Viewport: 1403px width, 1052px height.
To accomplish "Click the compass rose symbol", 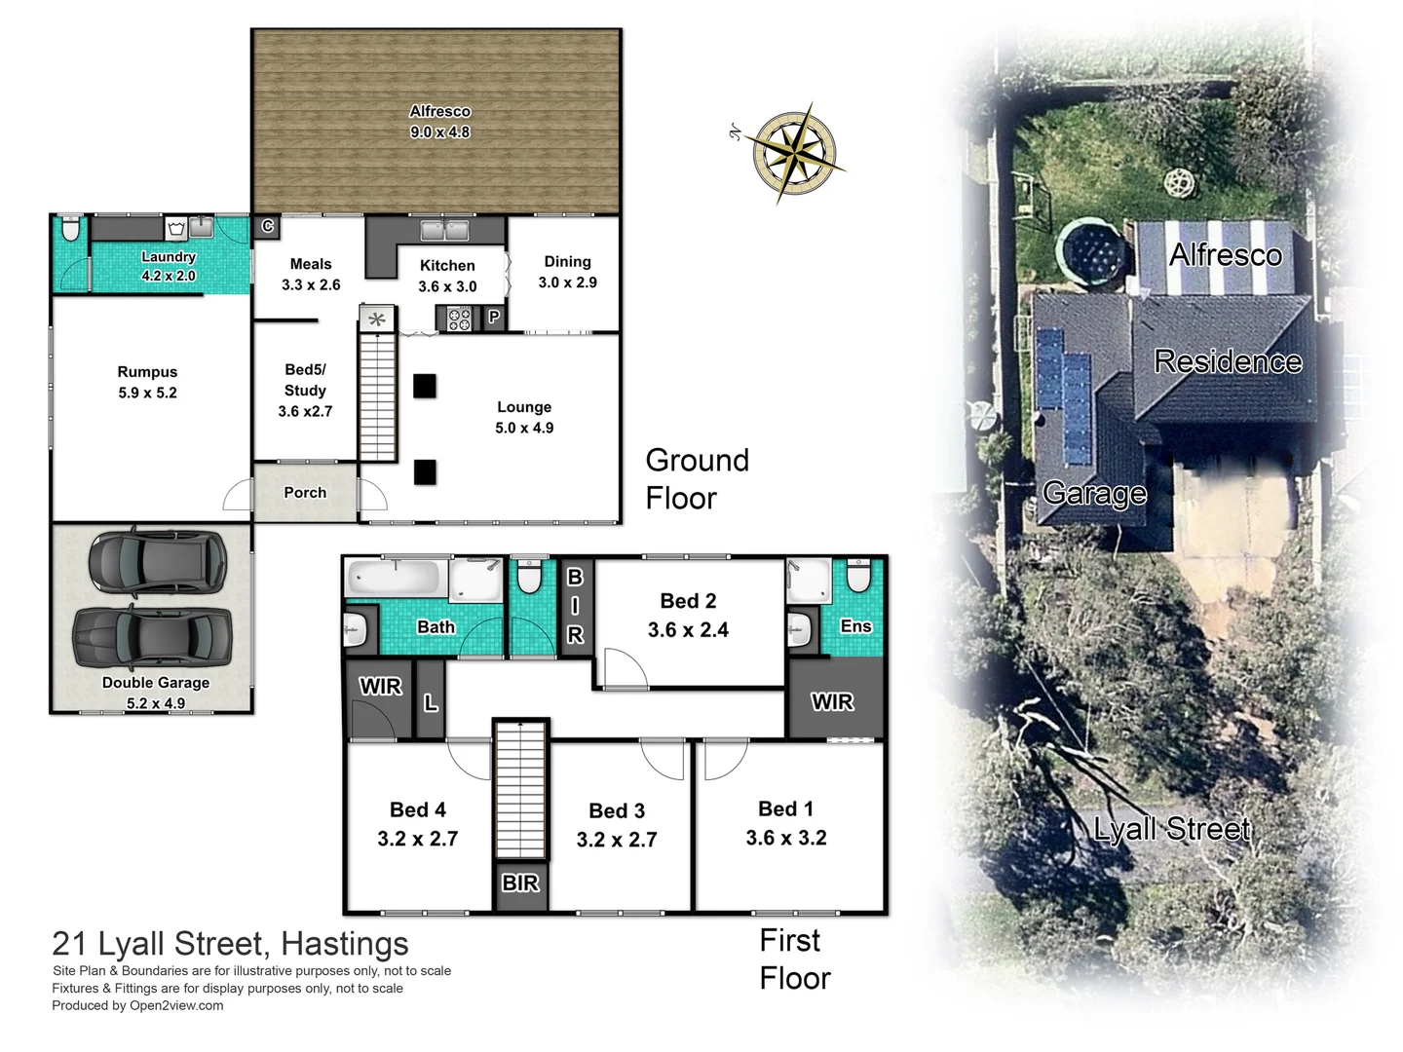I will click(x=797, y=153).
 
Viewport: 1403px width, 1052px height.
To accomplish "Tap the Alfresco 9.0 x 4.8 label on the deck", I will click(x=439, y=122).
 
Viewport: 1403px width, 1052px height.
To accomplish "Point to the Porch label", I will click(x=305, y=493).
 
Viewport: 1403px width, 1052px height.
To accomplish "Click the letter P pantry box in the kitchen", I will click(x=494, y=317).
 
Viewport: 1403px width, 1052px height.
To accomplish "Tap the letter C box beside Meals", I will click(x=268, y=227).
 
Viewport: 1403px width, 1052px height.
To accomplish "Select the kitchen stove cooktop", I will click(x=459, y=318).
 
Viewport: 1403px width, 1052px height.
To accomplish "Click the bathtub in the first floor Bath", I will click(x=395, y=579).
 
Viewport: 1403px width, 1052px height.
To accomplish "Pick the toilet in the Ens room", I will click(x=858, y=577).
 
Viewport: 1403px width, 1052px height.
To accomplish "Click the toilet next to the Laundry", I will click(x=70, y=230).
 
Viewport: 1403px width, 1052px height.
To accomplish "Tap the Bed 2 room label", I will click(x=688, y=616).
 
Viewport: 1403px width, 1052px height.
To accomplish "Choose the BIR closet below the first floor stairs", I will click(x=520, y=883).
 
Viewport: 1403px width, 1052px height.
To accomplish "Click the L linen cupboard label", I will click(x=431, y=702).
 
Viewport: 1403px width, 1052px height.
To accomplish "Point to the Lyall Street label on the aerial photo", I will click(x=1171, y=829).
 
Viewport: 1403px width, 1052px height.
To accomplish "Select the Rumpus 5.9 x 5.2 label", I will click(x=147, y=382).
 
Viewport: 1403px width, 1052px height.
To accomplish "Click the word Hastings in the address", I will click(x=345, y=944).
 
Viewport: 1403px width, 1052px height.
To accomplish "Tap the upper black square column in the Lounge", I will click(x=425, y=386).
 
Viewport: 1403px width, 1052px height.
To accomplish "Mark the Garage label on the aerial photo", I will click(x=1094, y=493).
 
